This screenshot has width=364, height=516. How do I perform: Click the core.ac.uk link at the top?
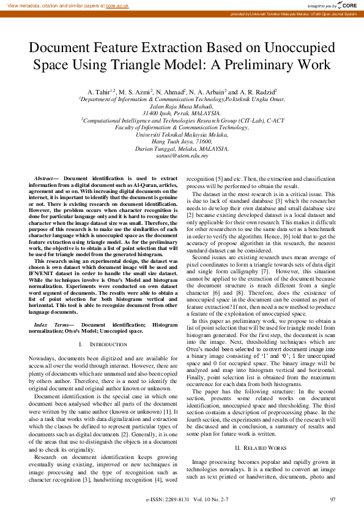[117, 6]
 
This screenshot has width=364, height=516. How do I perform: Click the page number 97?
[333, 499]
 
